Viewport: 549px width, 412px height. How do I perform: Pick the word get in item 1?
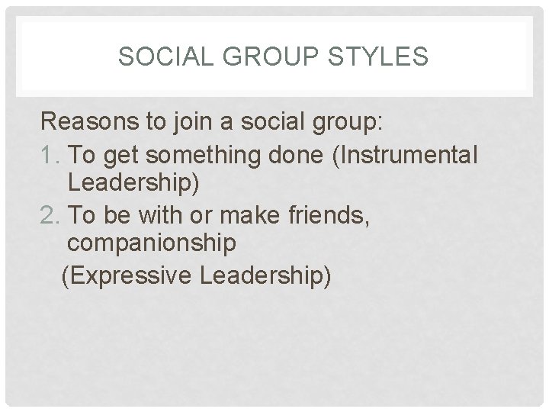[x=123, y=156]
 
